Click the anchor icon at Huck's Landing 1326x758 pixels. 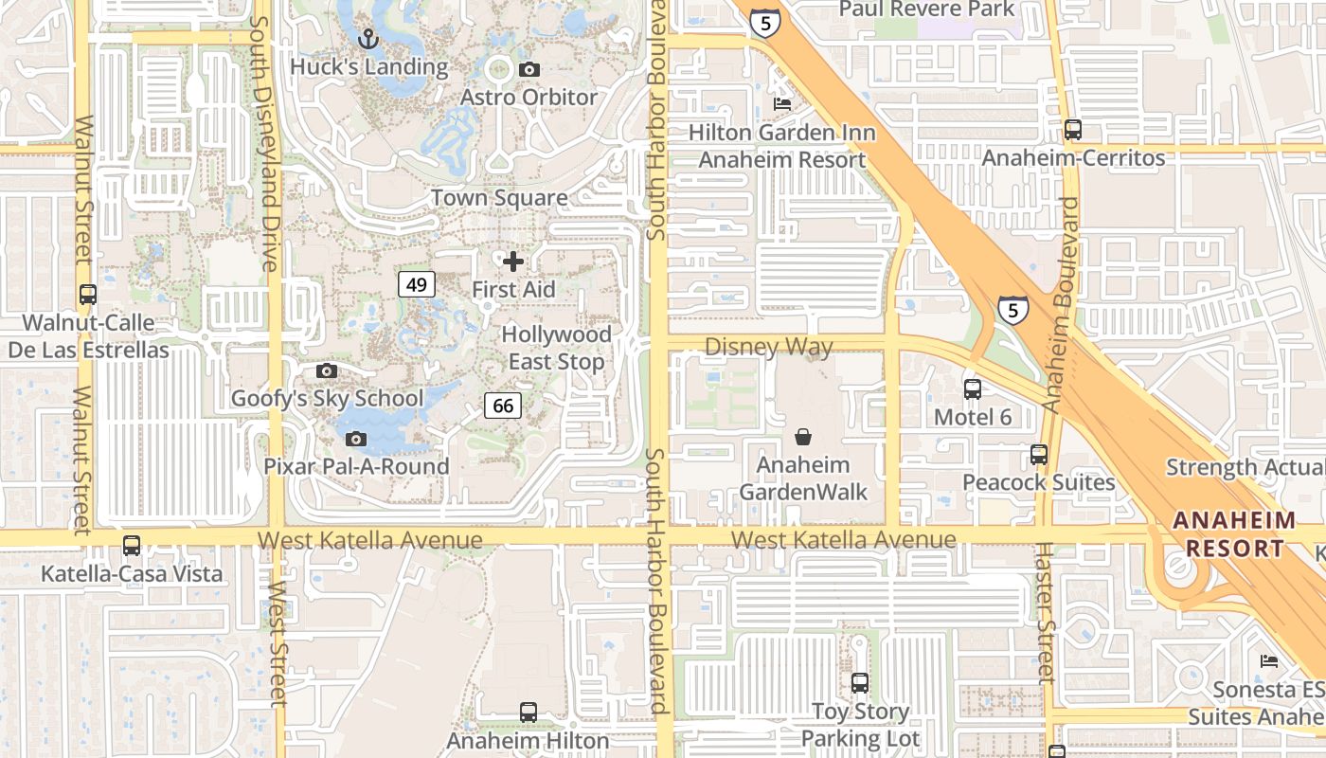[368, 39]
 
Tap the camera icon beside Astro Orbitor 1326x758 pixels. [529, 69]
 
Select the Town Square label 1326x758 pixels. [499, 197]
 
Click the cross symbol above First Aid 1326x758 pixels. [513, 261]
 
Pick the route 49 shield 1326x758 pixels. [417, 283]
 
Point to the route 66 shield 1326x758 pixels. [503, 406]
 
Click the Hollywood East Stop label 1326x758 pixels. [556, 348]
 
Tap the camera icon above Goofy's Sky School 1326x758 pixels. [327, 370]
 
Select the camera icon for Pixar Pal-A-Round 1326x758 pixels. [356, 439]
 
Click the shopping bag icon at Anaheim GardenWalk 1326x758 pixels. [803, 437]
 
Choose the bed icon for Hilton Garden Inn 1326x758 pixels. [782, 103]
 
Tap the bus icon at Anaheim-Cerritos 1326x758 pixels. [1073, 130]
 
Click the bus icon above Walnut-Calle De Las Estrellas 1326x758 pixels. [88, 295]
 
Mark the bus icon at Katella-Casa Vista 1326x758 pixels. [132, 546]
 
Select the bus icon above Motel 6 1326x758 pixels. [973, 388]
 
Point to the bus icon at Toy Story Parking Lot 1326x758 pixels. [860, 682]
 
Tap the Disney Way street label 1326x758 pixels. [768, 347]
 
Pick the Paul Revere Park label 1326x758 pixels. [926, 9]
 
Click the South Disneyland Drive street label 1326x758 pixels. [263, 142]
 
